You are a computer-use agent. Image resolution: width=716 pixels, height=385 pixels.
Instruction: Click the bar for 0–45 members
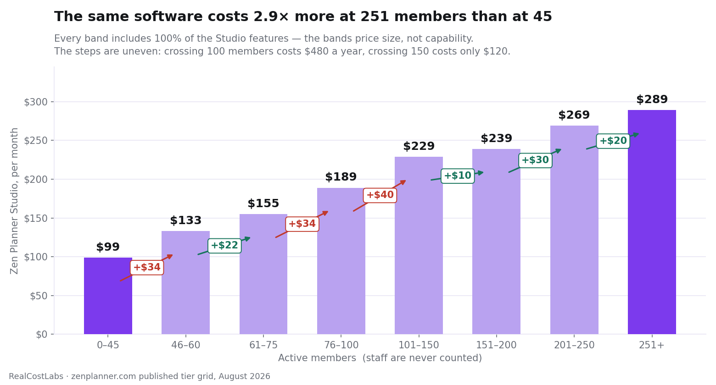[x=108, y=296]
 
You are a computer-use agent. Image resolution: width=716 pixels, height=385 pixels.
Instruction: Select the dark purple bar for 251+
[x=652, y=222]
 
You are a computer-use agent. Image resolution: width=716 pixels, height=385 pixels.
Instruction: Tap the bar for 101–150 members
[x=419, y=246]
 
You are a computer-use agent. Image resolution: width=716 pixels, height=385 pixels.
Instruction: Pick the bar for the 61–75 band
[x=263, y=274]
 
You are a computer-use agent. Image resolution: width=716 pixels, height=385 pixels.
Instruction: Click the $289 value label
[x=652, y=99]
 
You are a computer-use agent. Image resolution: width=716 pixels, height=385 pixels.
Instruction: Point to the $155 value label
[x=263, y=203]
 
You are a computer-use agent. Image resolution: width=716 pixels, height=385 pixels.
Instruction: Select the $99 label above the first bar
[x=108, y=247]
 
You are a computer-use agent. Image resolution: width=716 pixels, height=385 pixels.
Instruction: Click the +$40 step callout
[x=380, y=195]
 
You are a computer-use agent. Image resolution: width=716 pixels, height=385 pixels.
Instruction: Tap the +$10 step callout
[x=458, y=176]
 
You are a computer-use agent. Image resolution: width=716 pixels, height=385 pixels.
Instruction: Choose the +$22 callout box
[x=224, y=246]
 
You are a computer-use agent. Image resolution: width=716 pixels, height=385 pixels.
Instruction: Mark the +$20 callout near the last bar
[x=613, y=141]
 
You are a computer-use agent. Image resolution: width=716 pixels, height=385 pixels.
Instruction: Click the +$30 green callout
[x=536, y=160]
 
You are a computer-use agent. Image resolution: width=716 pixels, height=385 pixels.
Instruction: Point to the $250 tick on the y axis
[x=35, y=141]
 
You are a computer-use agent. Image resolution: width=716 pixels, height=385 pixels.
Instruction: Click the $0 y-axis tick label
[x=42, y=335]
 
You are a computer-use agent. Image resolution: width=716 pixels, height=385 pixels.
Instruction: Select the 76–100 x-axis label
[x=341, y=345]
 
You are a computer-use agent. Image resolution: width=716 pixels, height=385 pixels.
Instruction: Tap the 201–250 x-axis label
[x=574, y=345]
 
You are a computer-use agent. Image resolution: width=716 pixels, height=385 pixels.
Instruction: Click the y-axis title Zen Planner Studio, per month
[x=14, y=201]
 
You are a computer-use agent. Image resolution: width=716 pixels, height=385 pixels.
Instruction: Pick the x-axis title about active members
[x=380, y=358]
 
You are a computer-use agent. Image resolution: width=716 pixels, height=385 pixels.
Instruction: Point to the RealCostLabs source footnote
[x=140, y=376]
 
